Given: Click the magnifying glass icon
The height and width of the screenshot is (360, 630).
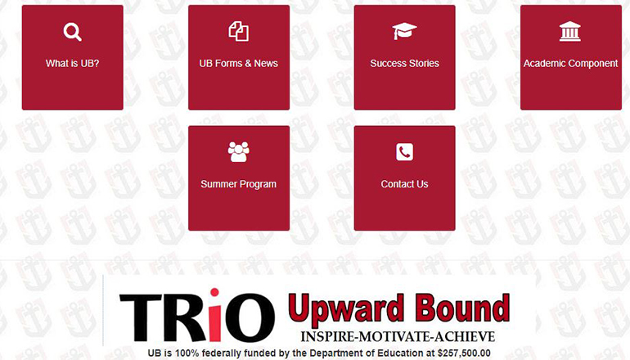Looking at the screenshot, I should click(x=72, y=32).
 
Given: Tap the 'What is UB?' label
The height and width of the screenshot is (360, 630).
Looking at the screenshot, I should click(x=72, y=63).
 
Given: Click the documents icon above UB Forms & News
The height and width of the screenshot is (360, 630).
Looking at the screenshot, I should click(x=238, y=32).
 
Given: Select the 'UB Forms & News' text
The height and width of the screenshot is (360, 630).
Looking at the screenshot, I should click(x=238, y=63).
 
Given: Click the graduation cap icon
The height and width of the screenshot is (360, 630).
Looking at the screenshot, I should click(x=404, y=31).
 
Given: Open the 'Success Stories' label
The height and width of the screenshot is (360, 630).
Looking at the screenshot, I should click(x=404, y=63).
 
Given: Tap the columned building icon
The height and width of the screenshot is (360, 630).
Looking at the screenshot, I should click(x=570, y=31).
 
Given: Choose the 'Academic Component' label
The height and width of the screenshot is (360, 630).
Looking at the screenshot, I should click(x=570, y=63).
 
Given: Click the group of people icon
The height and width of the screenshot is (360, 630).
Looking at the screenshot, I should click(x=238, y=151).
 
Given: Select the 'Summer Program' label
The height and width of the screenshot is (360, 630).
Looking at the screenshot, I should click(x=238, y=184).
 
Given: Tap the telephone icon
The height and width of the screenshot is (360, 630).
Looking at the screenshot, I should click(x=404, y=152).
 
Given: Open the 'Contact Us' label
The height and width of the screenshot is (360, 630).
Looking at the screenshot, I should click(x=404, y=184).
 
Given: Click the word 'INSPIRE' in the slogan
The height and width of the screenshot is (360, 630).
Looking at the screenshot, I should click(x=329, y=336).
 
